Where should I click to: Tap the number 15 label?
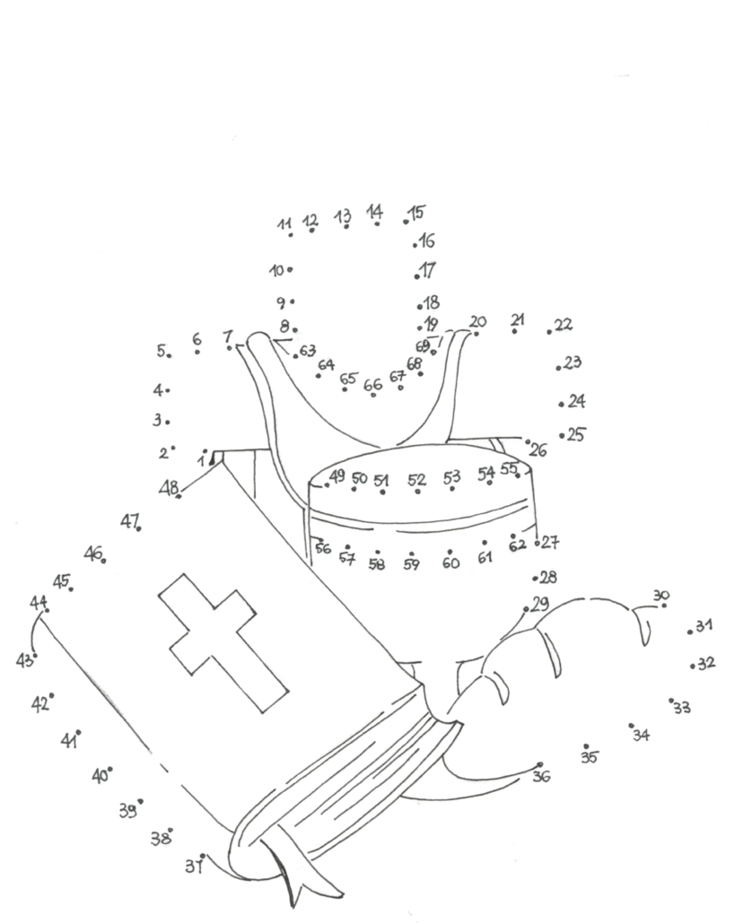[x=417, y=213]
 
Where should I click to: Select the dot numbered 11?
[x=291, y=235]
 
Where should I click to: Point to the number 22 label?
[x=564, y=325]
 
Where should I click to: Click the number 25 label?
[x=576, y=434]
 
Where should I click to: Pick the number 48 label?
[x=169, y=487]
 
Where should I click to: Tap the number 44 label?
[x=38, y=601]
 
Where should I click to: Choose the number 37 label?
[x=192, y=866]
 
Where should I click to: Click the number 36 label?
[x=541, y=776]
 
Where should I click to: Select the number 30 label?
[x=661, y=595]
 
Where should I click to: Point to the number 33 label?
[x=682, y=708]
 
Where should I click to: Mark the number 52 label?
[x=416, y=480]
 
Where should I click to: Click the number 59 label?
[x=411, y=564]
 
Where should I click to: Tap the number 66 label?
[x=372, y=384]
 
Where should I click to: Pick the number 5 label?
[x=162, y=351]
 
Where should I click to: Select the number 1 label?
[x=201, y=460]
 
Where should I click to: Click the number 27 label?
[x=550, y=542]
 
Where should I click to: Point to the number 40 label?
[x=99, y=776]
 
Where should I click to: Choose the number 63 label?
[x=308, y=350]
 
